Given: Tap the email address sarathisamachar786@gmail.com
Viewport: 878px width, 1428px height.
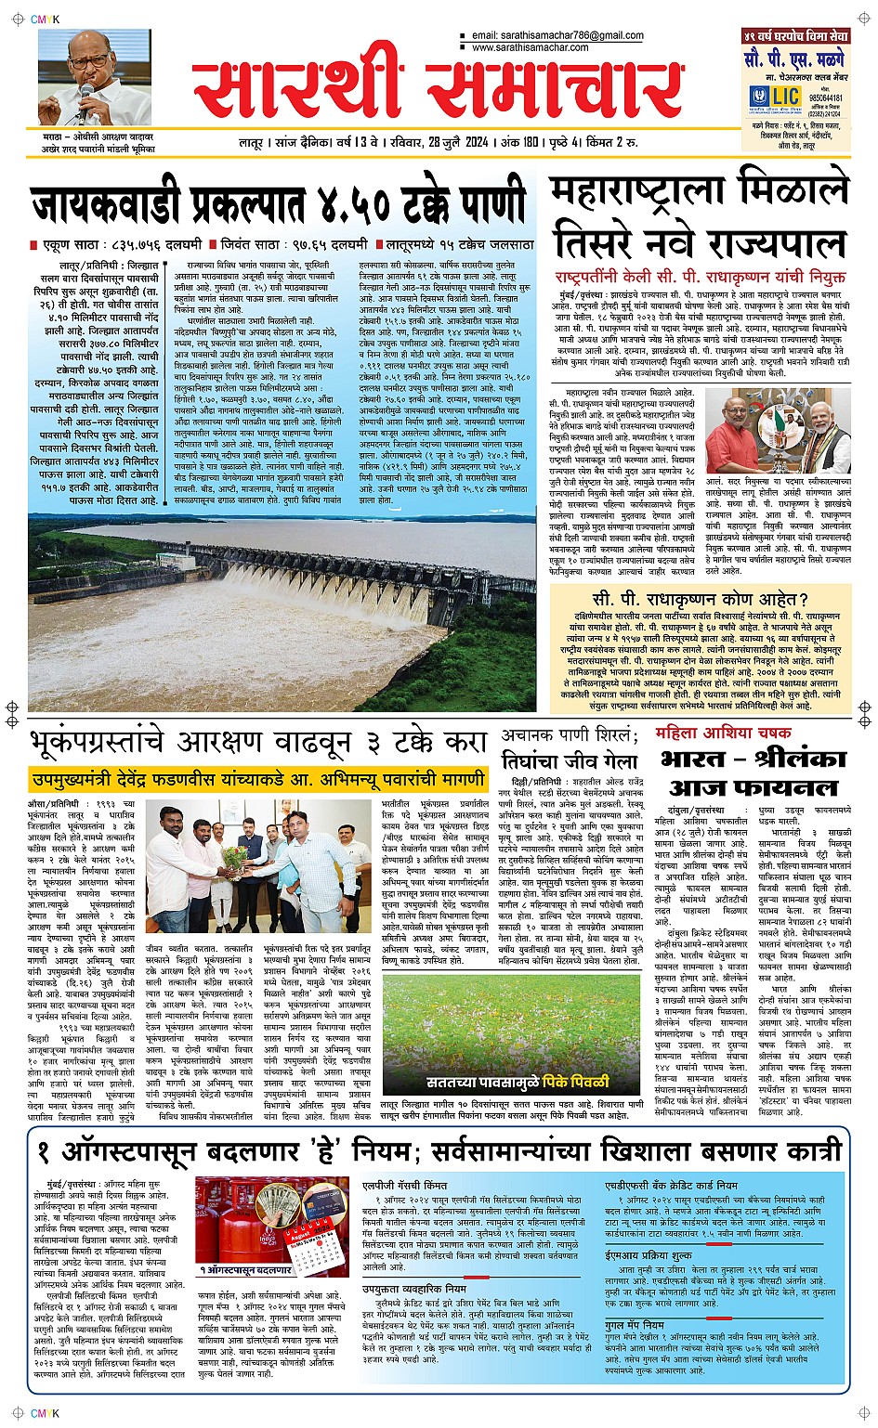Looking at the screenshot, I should coord(557,36).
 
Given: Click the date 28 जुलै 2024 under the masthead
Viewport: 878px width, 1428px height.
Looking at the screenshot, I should coord(458,143).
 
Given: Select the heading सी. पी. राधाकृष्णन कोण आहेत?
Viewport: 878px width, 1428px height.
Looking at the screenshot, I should coord(700,600).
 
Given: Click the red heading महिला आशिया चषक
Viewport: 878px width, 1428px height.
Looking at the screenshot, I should coord(723,733).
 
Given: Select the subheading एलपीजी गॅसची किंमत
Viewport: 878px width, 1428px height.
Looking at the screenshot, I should coord(404,1186).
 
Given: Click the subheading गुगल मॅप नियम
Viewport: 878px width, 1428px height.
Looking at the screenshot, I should coord(635,1325).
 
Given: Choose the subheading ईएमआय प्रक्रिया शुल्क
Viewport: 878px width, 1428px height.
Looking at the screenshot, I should coord(649,1254).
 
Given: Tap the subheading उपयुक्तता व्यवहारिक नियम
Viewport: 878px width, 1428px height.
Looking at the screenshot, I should coord(414,1289).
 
